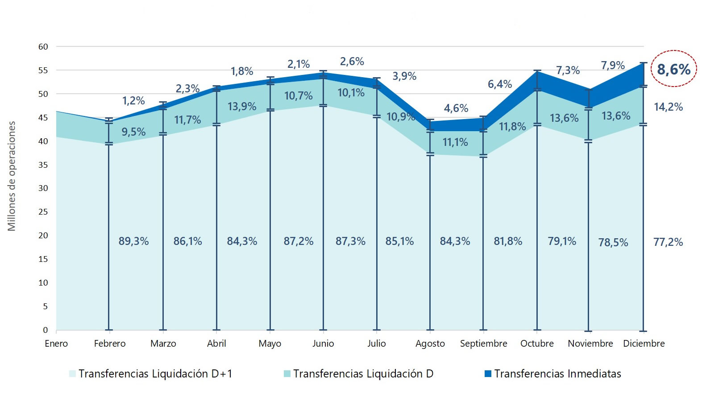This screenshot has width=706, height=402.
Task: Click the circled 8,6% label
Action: (673, 69)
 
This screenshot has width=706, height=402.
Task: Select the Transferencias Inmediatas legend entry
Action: (557, 374)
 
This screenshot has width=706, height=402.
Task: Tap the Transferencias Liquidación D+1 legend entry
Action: (155, 374)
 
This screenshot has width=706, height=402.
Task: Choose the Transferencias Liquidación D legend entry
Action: (363, 374)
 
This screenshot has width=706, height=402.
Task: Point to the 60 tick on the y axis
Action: (43, 46)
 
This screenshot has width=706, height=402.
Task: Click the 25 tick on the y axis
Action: (43, 211)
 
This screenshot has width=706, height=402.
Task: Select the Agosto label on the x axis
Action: (430, 344)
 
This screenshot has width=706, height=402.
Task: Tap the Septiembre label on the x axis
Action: (483, 344)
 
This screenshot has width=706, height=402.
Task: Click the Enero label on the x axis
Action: (56, 344)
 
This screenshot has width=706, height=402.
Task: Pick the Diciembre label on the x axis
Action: (644, 344)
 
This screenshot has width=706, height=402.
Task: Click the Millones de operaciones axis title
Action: (12, 176)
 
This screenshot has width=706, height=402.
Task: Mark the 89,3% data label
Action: (133, 241)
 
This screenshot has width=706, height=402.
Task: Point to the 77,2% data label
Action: (668, 242)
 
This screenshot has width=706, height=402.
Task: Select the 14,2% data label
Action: (668, 107)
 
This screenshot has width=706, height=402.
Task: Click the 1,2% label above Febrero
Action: (133, 101)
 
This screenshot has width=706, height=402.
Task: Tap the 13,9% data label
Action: (242, 107)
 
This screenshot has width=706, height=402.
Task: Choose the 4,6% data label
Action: (456, 108)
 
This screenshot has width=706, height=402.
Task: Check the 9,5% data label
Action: (133, 132)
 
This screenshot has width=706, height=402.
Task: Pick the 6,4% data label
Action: (499, 84)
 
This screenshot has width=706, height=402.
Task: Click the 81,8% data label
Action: (508, 241)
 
